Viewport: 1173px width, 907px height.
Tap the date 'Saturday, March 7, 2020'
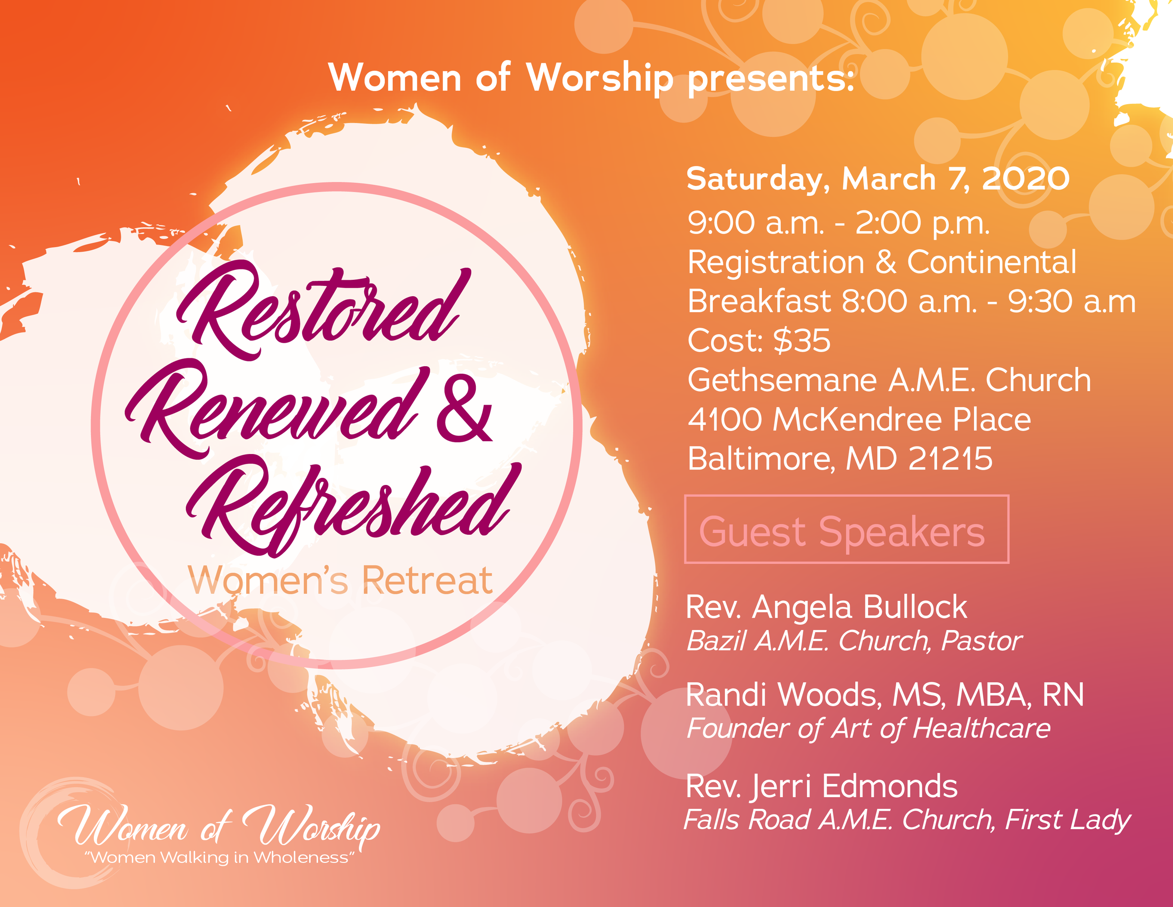(x=877, y=179)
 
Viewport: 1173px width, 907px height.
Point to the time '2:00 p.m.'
(x=922, y=223)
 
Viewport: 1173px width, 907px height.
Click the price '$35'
(x=802, y=341)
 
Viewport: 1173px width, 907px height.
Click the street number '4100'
(x=724, y=420)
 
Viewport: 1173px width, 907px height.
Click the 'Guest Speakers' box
(x=846, y=529)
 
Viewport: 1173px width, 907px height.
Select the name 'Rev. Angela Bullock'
(x=826, y=607)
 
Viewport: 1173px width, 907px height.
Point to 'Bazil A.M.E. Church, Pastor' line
(x=854, y=641)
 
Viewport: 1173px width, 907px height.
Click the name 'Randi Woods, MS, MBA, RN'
(x=884, y=695)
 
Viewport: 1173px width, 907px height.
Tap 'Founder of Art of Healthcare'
(x=868, y=729)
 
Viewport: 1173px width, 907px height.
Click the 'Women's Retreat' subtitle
(x=340, y=581)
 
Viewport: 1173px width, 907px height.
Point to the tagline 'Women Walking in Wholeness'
(x=220, y=858)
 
